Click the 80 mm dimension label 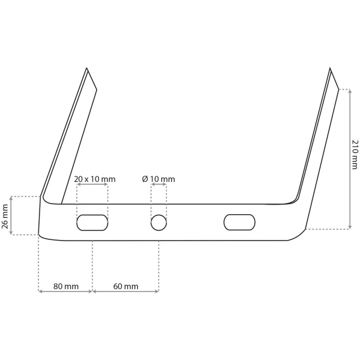pos(66,286)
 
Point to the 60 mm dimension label pos(126,286)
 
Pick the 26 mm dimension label pos(5,217)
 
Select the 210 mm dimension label pos(355,154)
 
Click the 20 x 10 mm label pos(95,179)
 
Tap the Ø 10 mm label pos(158,179)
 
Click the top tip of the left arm pos(86,68)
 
